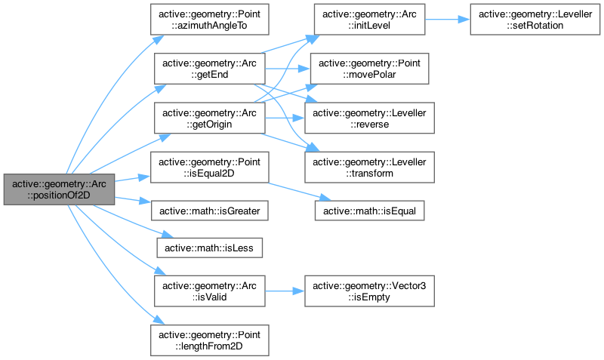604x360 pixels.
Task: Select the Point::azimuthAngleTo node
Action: tap(210, 20)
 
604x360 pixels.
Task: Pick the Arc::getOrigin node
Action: tap(210, 118)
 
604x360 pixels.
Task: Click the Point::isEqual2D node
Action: tap(210, 167)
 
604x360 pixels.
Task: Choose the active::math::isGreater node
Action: tap(210, 210)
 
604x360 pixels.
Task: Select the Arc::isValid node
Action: tap(210, 290)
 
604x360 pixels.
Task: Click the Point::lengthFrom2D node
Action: tap(210, 339)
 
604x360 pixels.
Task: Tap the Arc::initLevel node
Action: tap(369, 20)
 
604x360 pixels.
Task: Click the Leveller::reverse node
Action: tap(369, 118)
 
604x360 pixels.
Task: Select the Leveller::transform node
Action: tap(369, 167)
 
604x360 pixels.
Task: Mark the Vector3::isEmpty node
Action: tap(369, 290)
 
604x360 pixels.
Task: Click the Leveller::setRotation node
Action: tap(528, 20)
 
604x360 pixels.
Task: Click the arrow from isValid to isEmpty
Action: tap(285, 290)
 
